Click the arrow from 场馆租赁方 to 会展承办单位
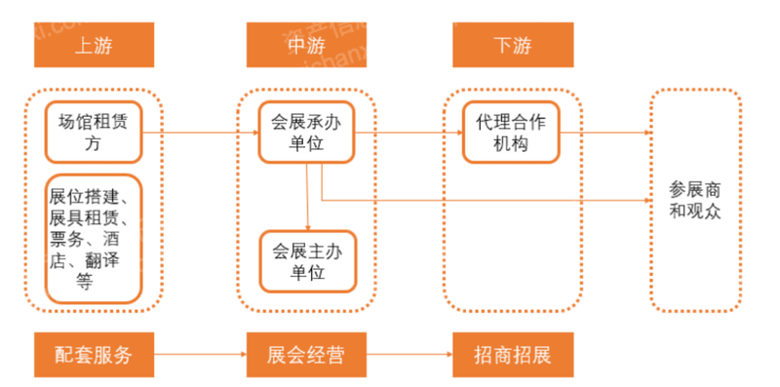(x=200, y=132)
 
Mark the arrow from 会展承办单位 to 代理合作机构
(x=409, y=132)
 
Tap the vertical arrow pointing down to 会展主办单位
(x=308, y=195)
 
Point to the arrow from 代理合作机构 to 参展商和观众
(x=604, y=132)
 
